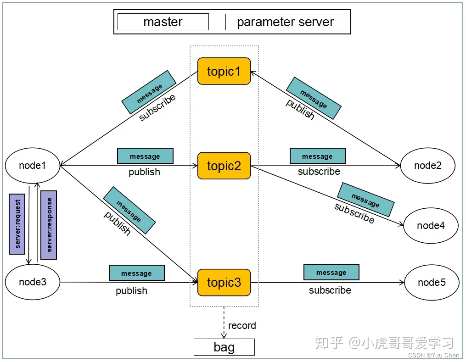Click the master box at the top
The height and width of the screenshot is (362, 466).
tap(163, 22)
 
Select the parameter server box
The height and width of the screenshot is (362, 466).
tap(285, 22)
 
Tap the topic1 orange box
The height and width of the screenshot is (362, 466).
tap(224, 71)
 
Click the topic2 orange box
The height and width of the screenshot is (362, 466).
tap(224, 166)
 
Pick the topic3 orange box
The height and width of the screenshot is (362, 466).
tap(224, 282)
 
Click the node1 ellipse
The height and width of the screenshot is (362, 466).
tap(33, 165)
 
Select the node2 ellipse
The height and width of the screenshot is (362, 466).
tap(427, 165)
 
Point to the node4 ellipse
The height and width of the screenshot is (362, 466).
tap(431, 225)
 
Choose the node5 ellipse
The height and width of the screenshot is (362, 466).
tap(432, 282)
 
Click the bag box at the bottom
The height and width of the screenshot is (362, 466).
tap(224, 347)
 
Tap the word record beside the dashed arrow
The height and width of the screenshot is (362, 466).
tap(242, 326)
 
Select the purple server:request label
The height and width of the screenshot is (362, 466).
tap(17, 224)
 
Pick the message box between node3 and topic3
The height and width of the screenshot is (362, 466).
tap(136, 273)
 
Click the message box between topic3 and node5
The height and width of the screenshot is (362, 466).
tap(331, 272)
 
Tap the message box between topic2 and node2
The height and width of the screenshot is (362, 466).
tap(317, 156)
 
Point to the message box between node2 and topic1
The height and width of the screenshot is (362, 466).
tap(314, 98)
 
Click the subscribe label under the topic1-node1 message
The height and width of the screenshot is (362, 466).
tap(157, 108)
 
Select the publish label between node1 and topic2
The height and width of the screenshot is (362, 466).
tap(144, 172)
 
